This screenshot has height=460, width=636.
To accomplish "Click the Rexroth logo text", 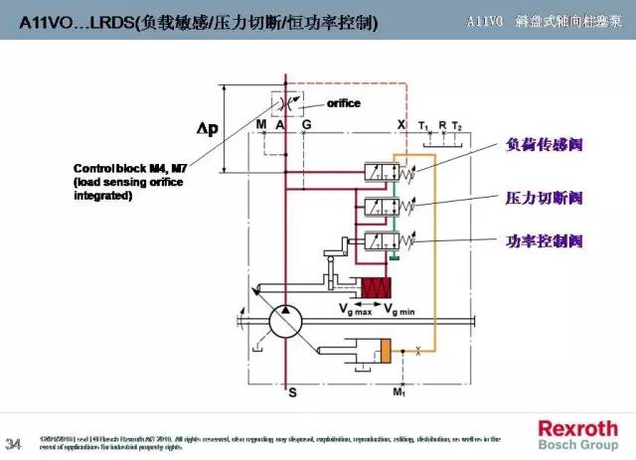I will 577,428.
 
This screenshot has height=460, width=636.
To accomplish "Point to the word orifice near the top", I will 343,102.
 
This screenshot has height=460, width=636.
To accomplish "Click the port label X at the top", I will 401,124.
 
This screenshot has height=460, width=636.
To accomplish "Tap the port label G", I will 306,124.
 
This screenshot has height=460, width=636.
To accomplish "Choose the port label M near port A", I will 261,124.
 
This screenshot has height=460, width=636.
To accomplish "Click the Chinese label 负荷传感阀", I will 544,145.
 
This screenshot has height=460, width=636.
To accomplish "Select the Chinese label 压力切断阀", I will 544,197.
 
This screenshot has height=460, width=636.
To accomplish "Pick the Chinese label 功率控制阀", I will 544,241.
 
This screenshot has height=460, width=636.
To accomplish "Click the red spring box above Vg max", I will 379,289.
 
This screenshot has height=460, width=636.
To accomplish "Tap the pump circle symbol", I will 286,325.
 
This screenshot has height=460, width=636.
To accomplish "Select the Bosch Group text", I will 577,444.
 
